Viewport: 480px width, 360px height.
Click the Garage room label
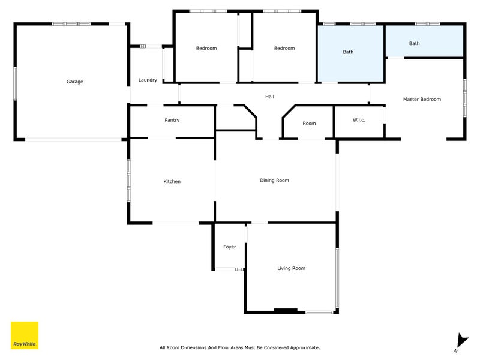(x=74, y=82)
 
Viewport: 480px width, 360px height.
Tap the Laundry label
(x=148, y=80)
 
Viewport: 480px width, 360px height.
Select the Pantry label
(x=172, y=120)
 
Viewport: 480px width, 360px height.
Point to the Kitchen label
(x=172, y=181)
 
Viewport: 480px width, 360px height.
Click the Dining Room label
(x=274, y=180)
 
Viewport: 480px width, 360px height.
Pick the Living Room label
(x=291, y=268)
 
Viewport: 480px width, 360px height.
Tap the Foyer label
(x=229, y=247)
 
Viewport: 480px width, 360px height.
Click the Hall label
(x=270, y=97)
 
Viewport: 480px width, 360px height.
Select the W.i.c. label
(x=359, y=120)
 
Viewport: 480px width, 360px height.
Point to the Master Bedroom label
(x=422, y=99)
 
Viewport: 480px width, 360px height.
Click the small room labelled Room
(x=309, y=124)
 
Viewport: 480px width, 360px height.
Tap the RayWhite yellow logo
(x=25, y=335)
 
